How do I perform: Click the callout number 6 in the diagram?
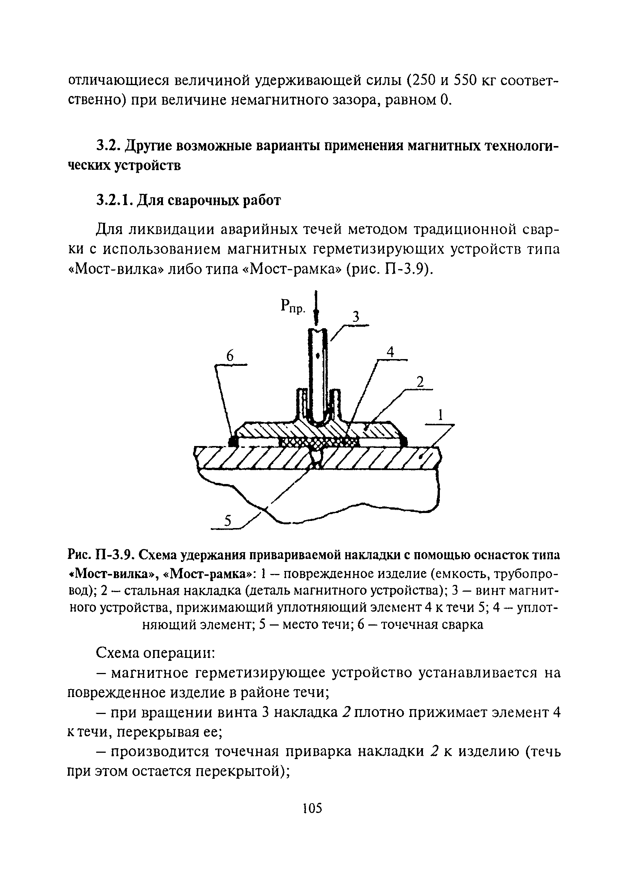[230, 356]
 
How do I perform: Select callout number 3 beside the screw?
[355, 317]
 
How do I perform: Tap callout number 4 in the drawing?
[390, 352]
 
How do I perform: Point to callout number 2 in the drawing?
[420, 382]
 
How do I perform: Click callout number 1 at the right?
[440, 416]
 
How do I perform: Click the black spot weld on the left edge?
[233, 441]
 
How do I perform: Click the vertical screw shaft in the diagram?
[318, 373]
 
